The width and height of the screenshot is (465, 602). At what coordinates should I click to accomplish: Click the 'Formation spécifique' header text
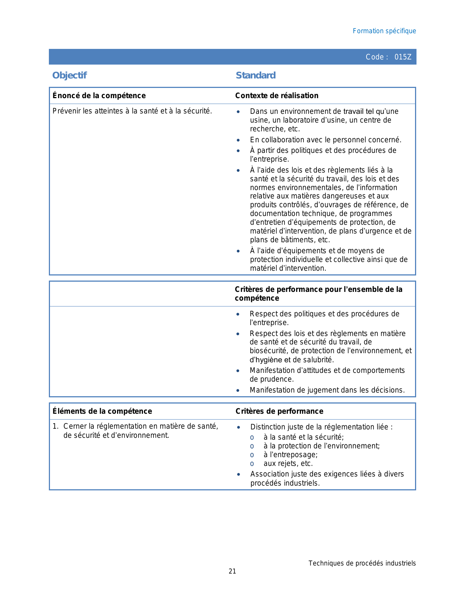(384, 31)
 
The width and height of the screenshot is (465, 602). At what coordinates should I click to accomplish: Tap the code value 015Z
(403, 57)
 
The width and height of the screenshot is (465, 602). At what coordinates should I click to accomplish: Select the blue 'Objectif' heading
(69, 75)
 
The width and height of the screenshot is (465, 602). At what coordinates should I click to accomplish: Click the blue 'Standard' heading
(256, 75)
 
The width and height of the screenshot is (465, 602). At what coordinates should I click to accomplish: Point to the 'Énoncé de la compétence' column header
(99, 96)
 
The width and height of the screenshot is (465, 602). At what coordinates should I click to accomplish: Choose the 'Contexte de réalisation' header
(276, 96)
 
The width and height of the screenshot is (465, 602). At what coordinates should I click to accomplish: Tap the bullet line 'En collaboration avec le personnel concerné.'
(325, 140)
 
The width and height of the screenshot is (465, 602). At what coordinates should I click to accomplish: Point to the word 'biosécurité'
(268, 351)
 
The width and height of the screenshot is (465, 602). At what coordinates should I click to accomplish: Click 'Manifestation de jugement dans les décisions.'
(327, 390)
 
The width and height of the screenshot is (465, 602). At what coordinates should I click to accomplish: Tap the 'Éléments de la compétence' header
(102, 411)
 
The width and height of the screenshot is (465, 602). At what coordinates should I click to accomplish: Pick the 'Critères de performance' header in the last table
(279, 411)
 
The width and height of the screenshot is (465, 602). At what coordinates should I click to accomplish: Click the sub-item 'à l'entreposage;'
(290, 455)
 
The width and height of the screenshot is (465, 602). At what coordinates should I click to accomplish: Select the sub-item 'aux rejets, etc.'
(288, 463)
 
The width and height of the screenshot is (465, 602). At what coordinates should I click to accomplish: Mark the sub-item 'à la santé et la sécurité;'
(303, 437)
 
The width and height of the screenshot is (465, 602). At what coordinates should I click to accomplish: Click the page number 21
(232, 571)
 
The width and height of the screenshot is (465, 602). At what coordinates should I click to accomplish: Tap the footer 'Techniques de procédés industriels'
(362, 563)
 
